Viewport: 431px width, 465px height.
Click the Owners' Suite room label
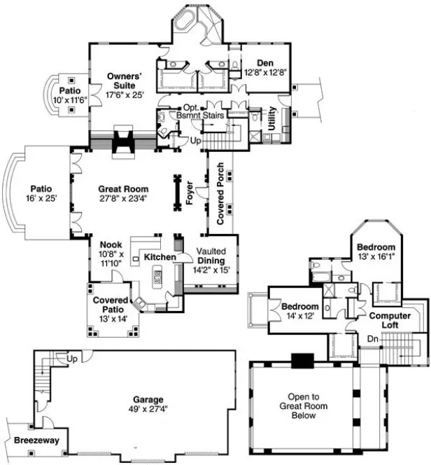coord(125,83)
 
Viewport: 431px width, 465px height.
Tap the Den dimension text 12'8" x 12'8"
coord(264,71)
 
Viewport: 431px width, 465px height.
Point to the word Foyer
coord(190,193)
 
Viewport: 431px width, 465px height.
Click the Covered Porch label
coord(220,203)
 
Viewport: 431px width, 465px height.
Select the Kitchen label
coord(160,258)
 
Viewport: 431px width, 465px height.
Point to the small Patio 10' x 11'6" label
coord(69,96)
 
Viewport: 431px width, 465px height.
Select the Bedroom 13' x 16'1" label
coord(376,253)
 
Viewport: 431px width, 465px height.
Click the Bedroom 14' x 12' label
coord(300,312)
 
